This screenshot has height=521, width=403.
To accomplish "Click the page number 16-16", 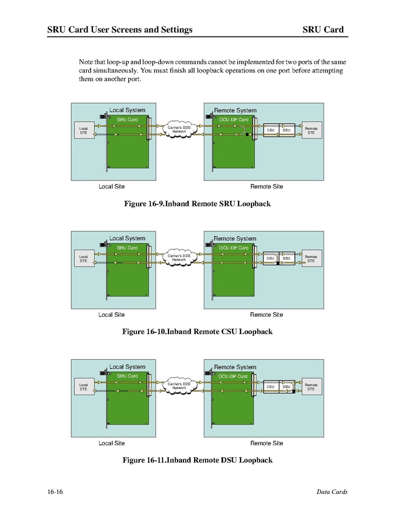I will point(55,492).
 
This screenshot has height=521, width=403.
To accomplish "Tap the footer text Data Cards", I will point(332,492).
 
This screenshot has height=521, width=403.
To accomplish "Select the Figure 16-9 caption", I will point(197,204).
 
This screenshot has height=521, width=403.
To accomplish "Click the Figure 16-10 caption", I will point(197,332).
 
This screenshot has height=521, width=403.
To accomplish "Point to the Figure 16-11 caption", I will point(197,460).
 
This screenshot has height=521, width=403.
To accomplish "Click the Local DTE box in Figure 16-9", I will point(83,131).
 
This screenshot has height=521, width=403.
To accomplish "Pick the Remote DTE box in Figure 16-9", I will point(311,131).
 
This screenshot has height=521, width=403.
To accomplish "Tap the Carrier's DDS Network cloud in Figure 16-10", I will point(179,258).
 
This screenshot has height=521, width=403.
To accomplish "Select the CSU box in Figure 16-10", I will point(270,258).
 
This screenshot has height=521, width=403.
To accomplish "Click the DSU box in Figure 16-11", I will point(286,386).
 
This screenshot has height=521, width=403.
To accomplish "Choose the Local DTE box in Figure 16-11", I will point(83,387).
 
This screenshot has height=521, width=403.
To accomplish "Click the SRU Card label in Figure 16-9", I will point(127,120).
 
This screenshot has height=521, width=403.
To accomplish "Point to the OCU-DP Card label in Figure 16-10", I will point(233,248).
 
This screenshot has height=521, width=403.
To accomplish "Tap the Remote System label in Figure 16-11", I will point(235,367).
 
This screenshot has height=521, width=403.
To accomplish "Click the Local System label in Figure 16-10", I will point(127,238).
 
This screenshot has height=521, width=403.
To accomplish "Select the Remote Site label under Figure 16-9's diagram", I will point(267,187).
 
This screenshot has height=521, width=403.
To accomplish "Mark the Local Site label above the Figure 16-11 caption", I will point(111,443).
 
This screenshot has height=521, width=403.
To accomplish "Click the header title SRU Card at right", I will point(323,30).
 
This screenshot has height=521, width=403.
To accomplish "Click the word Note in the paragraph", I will point(86,61).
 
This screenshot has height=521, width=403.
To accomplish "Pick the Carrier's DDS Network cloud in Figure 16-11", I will point(179,386).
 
